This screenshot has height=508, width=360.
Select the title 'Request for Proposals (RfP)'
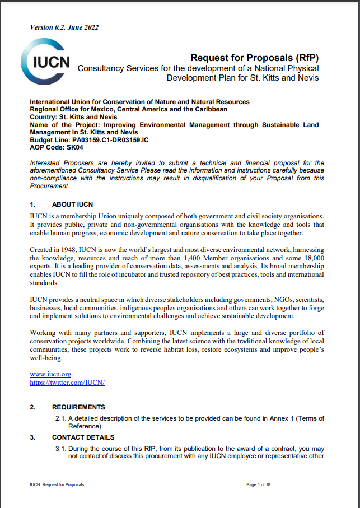tap(255, 58)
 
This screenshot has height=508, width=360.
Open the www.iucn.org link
tap(50, 374)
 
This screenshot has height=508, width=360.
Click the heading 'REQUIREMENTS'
tap(78, 407)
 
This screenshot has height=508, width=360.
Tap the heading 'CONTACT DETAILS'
tap(83, 437)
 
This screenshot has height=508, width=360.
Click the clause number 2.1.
tap(60, 418)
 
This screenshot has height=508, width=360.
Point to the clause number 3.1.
tap(60, 449)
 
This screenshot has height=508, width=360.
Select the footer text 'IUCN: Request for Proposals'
tap(57, 484)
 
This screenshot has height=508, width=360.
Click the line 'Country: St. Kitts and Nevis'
tap(74, 116)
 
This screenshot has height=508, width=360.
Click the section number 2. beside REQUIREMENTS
tap(32, 407)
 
